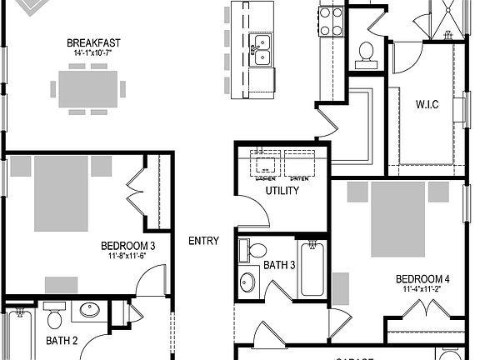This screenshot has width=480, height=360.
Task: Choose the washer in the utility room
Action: [266, 164]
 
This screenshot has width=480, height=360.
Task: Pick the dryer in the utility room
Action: [298, 164]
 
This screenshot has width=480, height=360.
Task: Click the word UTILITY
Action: [282, 191]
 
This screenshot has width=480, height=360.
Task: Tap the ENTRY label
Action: [204, 241]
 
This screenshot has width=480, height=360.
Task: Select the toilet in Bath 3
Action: [255, 251]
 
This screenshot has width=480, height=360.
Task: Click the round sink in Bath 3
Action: [247, 282]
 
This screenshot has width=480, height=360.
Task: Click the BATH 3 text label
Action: [278, 266]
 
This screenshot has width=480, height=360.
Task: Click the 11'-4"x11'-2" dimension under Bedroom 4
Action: [422, 290]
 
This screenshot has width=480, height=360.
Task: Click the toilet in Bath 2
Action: [55, 317]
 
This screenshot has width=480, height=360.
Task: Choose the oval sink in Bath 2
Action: [87, 312]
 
